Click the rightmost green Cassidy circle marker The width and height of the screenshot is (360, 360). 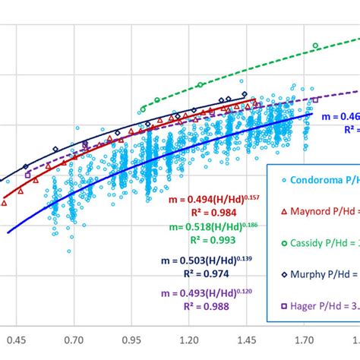315,46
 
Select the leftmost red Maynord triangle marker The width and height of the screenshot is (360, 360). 6,202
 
